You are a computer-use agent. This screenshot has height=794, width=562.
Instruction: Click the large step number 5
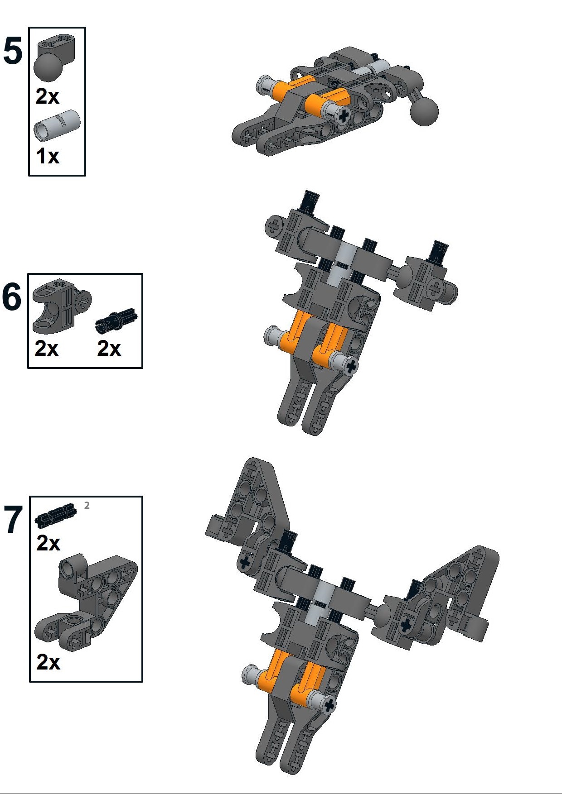13,51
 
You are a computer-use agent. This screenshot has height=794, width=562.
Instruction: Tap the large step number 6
12,297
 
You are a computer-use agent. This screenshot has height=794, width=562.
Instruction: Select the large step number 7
13,520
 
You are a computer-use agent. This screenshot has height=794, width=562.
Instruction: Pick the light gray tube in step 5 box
57,124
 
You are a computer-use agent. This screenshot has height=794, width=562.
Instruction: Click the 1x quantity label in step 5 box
48,156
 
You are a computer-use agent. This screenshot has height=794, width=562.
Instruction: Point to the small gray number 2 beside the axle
87,506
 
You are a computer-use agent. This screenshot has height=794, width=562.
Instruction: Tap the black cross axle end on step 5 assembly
344,116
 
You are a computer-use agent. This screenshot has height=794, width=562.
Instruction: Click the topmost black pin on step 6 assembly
310,201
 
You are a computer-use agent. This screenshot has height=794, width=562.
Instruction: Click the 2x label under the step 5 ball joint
48,96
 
